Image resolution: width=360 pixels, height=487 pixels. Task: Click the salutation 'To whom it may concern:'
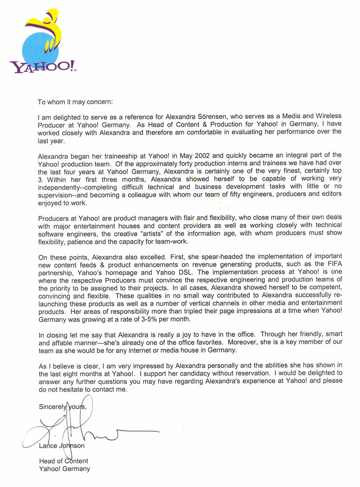tap(76, 102)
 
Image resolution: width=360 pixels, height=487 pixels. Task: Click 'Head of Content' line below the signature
tap(64, 461)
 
